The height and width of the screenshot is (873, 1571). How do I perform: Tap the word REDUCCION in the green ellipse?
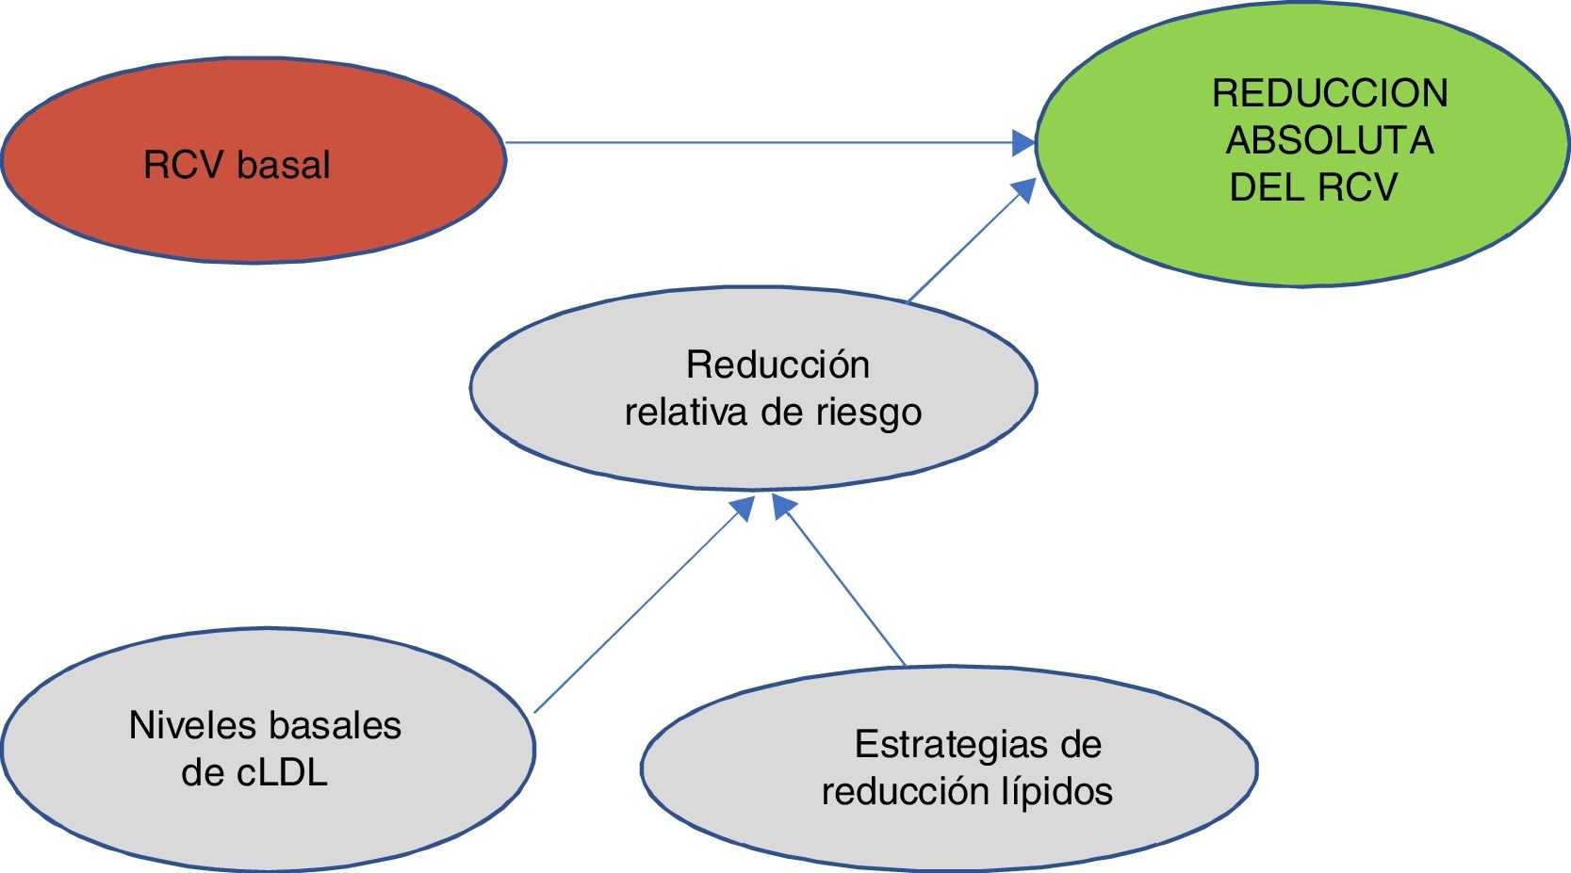(1330, 93)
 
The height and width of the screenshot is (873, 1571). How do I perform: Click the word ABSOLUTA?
(1329, 140)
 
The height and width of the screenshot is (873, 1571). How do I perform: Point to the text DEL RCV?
(1313, 186)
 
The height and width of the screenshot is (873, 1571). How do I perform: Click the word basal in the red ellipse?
(284, 165)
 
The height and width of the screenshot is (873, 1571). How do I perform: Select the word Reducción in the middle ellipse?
(777, 364)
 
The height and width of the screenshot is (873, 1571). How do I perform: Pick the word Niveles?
(192, 725)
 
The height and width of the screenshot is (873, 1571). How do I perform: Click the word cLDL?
(282, 772)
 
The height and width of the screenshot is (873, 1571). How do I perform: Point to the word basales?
(334, 725)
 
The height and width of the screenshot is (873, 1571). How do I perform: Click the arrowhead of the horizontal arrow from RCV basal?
(1023, 143)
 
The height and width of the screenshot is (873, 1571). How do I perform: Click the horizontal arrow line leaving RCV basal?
(754, 143)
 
